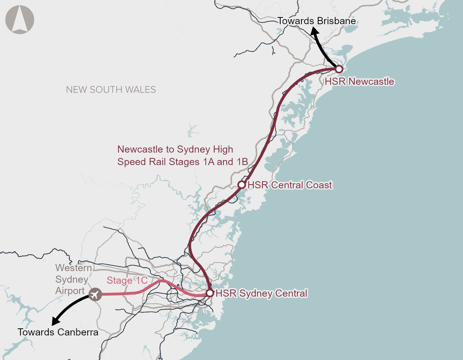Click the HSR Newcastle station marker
click(x=339, y=69)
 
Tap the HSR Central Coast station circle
click(x=241, y=185)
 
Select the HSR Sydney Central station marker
click(x=210, y=293)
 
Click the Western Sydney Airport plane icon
click(x=95, y=294)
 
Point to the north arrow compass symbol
click(x=20, y=20)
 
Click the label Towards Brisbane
click(x=316, y=21)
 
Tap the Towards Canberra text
click(x=58, y=332)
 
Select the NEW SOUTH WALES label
click(x=111, y=90)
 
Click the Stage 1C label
click(x=127, y=280)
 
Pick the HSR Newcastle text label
click(x=359, y=81)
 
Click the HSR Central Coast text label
click(x=289, y=185)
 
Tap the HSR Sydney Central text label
click(x=262, y=293)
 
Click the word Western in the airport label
click(x=74, y=268)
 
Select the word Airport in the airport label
click(x=70, y=291)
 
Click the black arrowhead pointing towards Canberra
click(x=55, y=321)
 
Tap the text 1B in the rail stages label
click(x=242, y=162)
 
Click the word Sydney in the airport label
click(x=72, y=279)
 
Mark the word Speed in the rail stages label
click(x=130, y=162)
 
